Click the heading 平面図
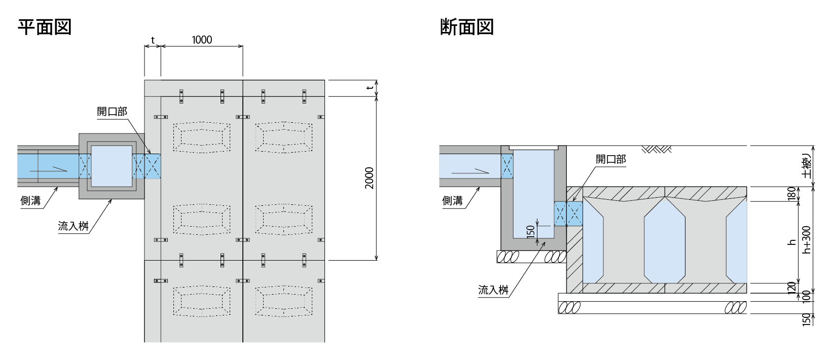[x=45, y=27]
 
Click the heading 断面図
[x=467, y=27]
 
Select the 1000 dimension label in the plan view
[x=202, y=40]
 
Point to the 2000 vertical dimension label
[x=369, y=178]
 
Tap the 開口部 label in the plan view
[x=112, y=112]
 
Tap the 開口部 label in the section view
[x=611, y=159]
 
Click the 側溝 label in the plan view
[x=30, y=201]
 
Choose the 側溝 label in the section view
[x=452, y=201]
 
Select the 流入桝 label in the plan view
[x=73, y=226]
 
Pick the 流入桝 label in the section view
[x=493, y=290]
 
